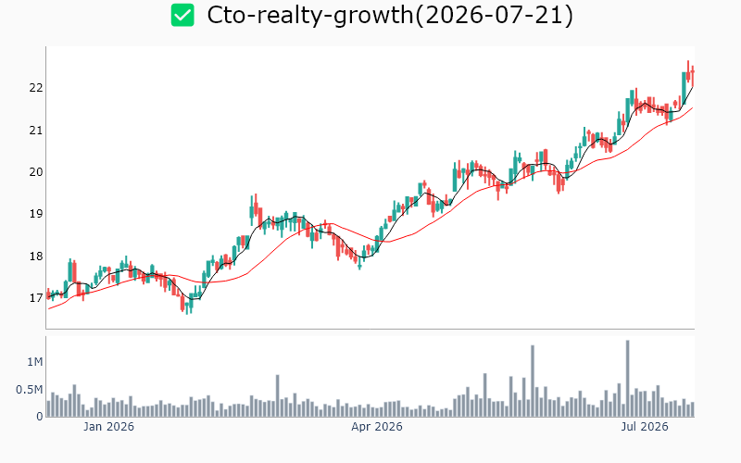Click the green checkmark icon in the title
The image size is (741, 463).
coord(182,15)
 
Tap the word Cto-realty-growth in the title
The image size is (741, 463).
coord(310,16)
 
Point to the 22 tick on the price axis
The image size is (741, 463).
coord(36,88)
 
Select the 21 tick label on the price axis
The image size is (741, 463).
coord(36,130)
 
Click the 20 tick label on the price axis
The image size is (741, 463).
coord(36,172)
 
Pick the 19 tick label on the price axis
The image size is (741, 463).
coord(36,214)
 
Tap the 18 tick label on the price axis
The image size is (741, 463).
coord(36,257)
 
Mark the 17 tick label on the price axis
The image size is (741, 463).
coord(36,298)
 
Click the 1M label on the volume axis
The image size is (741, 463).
coord(35,362)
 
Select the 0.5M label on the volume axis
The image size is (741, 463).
coord(30,390)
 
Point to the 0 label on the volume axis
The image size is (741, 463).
coord(40,417)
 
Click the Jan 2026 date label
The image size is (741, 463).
coord(108,427)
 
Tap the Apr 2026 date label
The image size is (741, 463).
coord(377,427)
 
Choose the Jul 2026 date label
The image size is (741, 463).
coord(645,427)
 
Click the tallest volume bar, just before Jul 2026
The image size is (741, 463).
coord(628,379)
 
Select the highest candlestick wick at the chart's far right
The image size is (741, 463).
coord(688,66)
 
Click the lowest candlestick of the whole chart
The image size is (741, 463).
coord(187,306)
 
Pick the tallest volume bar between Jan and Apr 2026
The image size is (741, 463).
coord(278,396)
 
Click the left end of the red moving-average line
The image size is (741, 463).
coord(49,309)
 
